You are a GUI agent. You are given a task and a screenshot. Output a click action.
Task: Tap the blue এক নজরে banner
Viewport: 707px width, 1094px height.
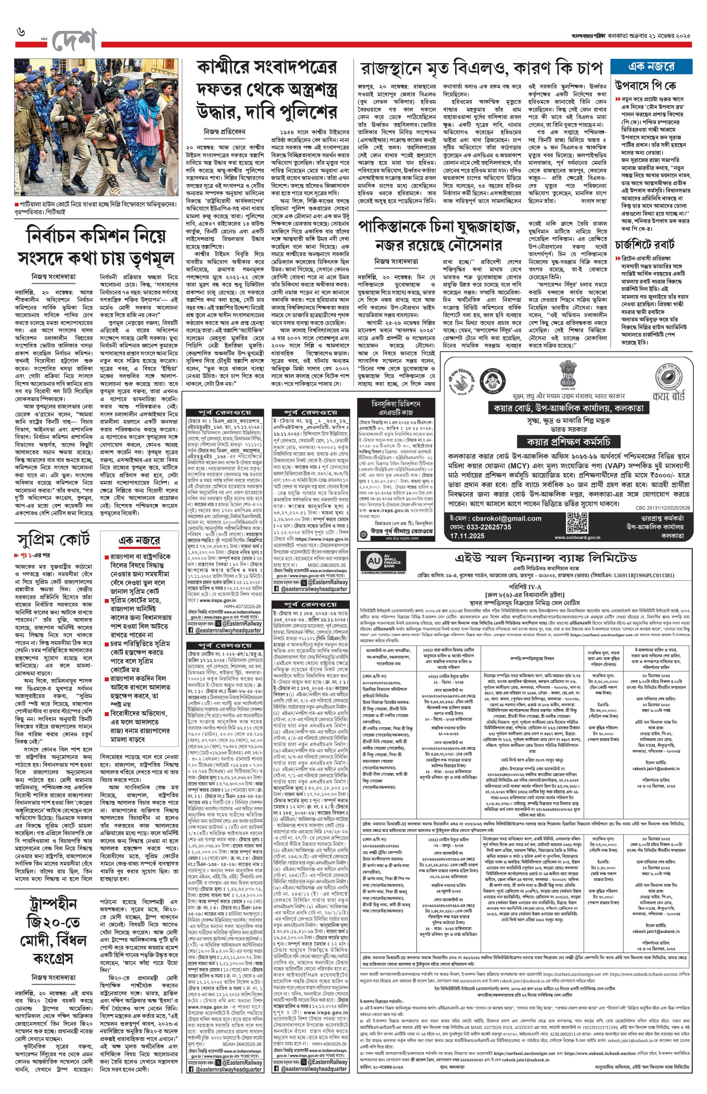651,67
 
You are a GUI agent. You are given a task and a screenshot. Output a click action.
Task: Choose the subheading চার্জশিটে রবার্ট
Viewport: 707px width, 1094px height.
644,243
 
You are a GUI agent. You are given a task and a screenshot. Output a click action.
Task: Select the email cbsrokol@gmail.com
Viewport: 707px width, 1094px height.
496,518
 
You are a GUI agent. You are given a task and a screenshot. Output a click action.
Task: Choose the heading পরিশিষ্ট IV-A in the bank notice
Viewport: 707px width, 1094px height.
524,586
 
